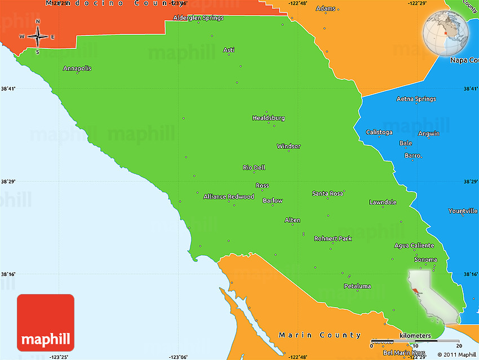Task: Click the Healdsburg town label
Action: (x=268, y=118)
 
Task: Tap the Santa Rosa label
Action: (x=327, y=194)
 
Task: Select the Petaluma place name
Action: (x=357, y=286)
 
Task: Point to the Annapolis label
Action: (x=77, y=69)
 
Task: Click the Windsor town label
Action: (x=289, y=146)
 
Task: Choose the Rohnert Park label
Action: (x=332, y=239)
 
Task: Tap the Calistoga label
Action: (x=379, y=132)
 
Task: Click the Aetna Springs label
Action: (x=416, y=99)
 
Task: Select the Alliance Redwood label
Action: (x=229, y=197)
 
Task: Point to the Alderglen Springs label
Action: (x=198, y=18)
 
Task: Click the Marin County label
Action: (x=320, y=335)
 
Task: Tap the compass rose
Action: (x=38, y=37)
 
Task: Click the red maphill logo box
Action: (x=46, y=322)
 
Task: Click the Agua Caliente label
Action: (x=414, y=246)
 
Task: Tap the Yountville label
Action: (x=463, y=211)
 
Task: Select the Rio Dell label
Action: (x=254, y=168)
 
